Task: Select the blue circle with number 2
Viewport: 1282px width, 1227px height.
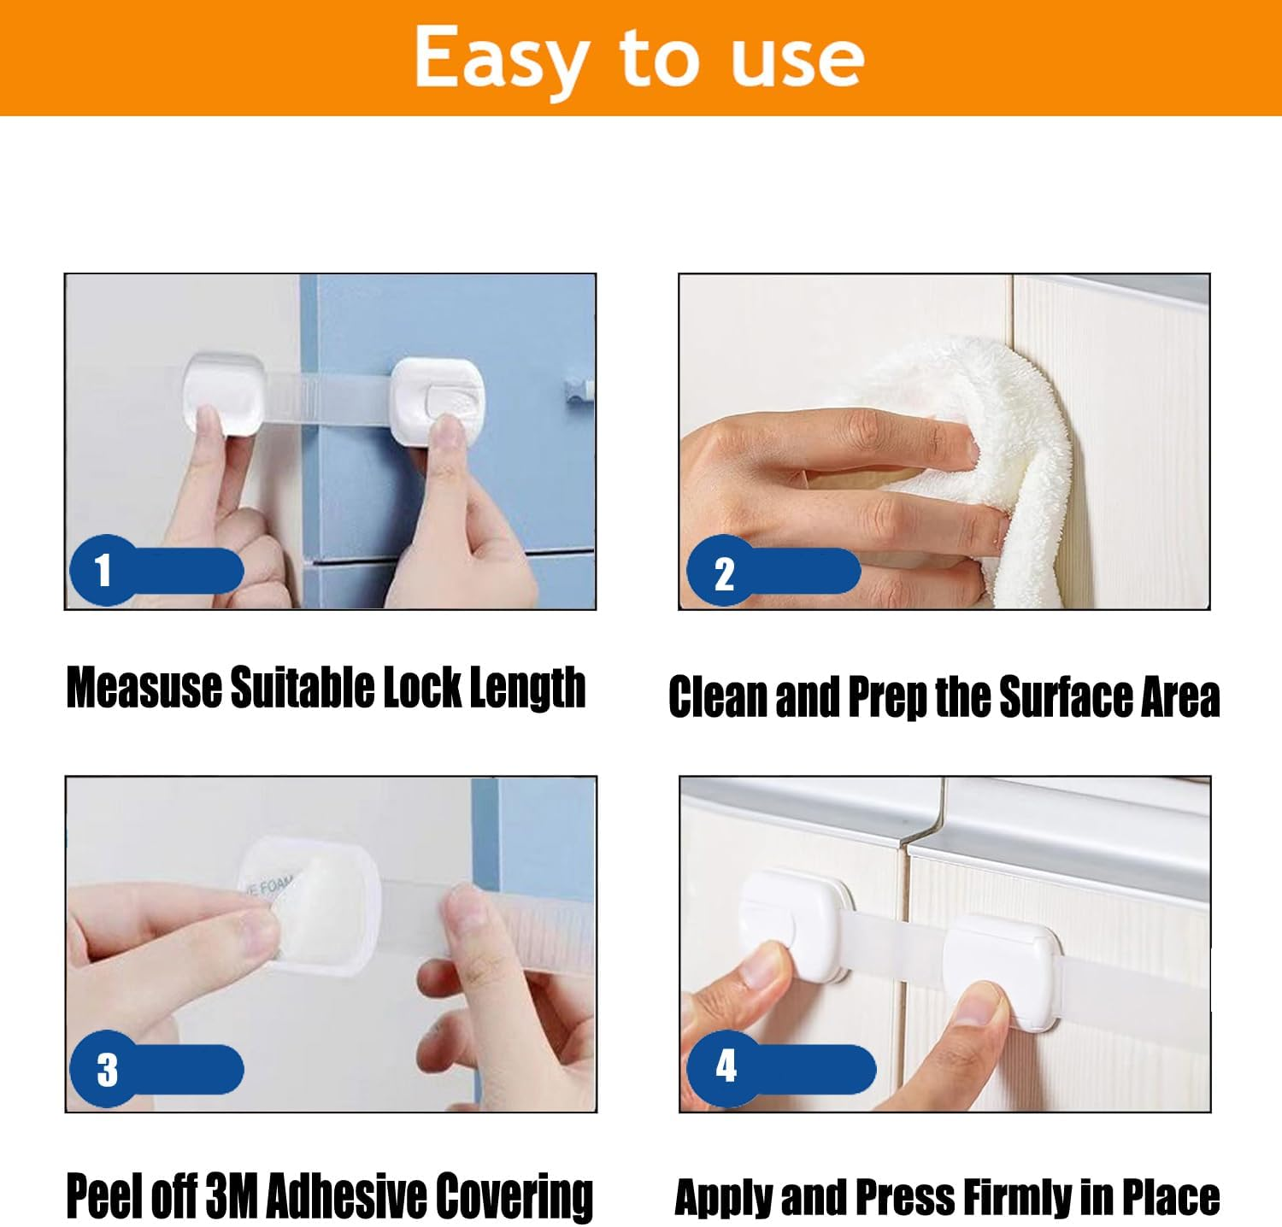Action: tap(723, 572)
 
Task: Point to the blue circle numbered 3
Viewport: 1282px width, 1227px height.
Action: tap(107, 1069)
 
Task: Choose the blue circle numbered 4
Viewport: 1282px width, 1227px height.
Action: tap(726, 1066)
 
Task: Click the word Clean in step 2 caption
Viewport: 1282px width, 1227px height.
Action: tap(718, 696)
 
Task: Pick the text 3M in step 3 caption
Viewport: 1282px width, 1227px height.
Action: tap(232, 1196)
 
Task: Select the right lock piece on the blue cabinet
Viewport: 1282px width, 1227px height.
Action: tap(438, 400)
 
